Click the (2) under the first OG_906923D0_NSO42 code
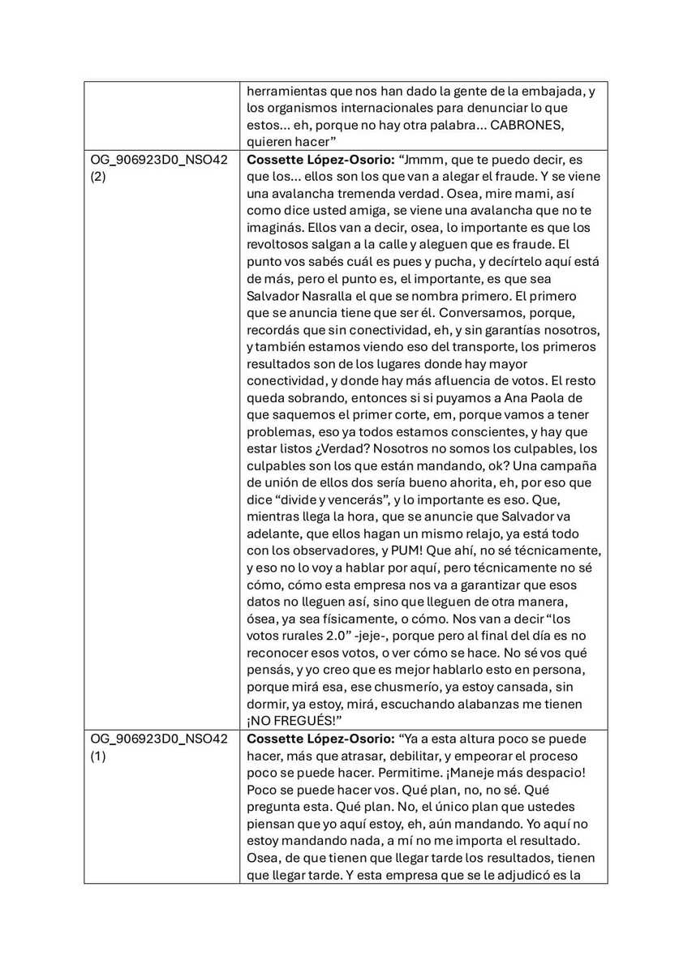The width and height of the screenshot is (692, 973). click(x=99, y=176)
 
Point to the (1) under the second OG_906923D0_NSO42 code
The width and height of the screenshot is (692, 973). click(x=99, y=757)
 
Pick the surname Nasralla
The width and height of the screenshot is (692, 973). click(x=345, y=296)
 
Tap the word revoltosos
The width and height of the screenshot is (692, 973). click(x=283, y=245)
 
